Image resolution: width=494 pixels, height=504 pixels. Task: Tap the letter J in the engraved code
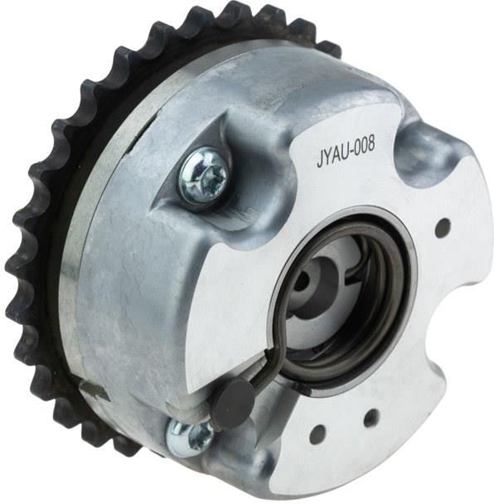320,160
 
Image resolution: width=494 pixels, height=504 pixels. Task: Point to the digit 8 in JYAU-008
370,144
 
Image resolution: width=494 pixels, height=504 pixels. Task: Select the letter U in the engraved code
345,153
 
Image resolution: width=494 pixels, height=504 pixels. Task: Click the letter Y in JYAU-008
328,157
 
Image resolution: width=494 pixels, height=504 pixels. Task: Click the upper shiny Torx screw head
203,176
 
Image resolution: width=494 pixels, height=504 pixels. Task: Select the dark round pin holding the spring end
234,398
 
